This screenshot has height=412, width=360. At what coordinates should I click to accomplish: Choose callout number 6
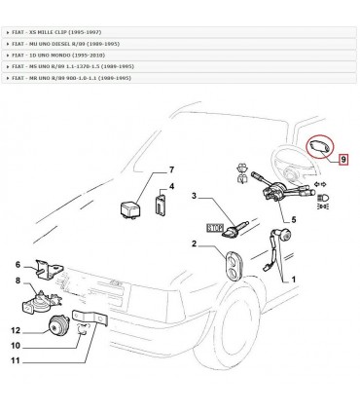(17, 263)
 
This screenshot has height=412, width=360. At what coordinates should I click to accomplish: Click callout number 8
(17, 281)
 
